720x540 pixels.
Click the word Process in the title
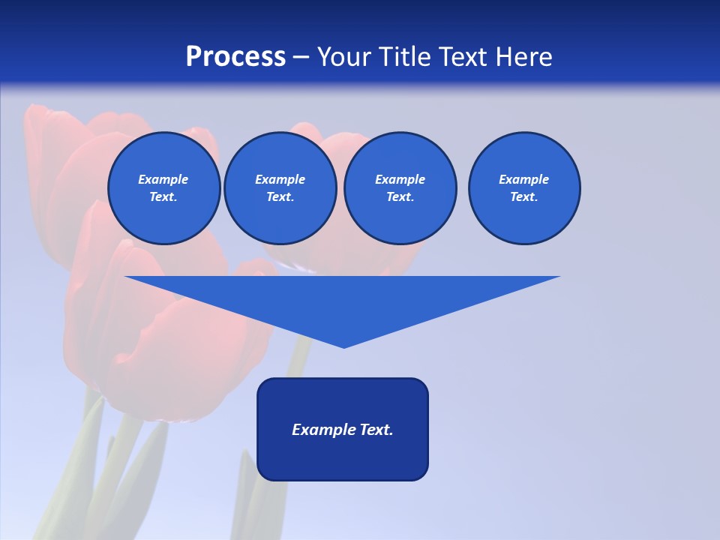pyautogui.click(x=235, y=57)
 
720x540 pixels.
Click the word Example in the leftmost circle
pyautogui.click(x=163, y=179)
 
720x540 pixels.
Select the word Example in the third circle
pyautogui.click(x=400, y=179)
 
